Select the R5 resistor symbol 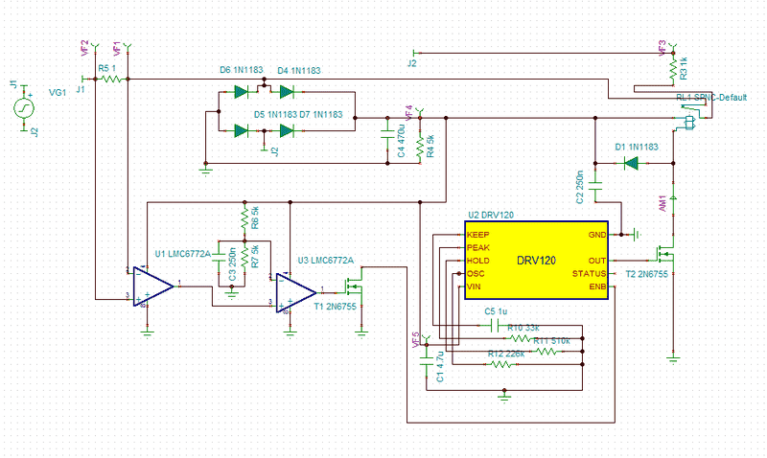pyautogui.click(x=112, y=80)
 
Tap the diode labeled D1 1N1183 pyautogui.click(x=631, y=163)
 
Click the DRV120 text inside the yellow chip pyautogui.click(x=536, y=260)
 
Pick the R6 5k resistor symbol pyautogui.click(x=244, y=218)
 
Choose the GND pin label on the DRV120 pyautogui.click(x=596, y=234)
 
